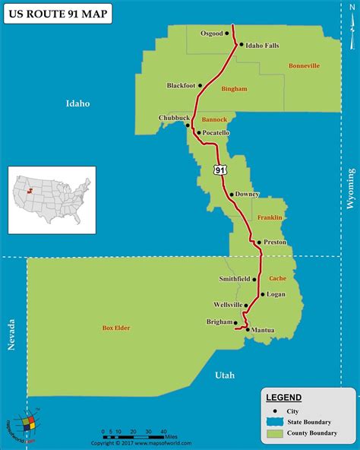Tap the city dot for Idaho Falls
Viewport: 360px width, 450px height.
pos(242,45)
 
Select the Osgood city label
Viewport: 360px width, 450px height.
pos(212,33)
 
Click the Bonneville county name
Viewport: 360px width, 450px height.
pos(304,66)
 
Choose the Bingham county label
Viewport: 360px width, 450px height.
pos(234,89)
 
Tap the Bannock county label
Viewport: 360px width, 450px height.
pos(214,119)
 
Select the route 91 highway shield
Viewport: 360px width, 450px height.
pos(219,170)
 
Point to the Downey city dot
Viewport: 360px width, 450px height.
pos(231,194)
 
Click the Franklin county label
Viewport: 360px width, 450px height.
pos(270,217)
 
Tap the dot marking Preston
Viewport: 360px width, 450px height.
pos(259,242)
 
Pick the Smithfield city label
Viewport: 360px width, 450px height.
pos(234,279)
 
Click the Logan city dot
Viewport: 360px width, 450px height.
pos(262,293)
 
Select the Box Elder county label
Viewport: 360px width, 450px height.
pos(116,328)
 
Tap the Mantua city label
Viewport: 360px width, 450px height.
pos(263,330)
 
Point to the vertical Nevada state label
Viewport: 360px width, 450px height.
pos(11,334)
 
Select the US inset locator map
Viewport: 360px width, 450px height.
pos(52,200)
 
